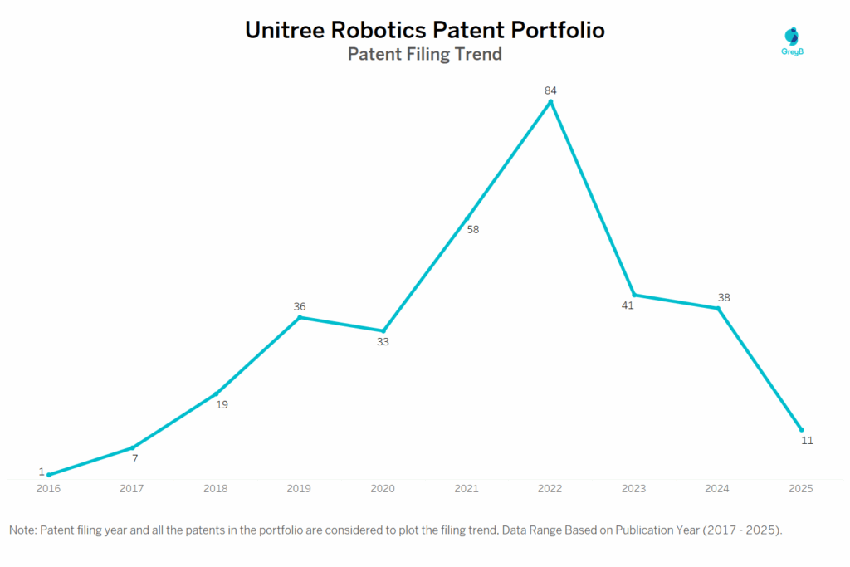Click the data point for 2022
[550, 102]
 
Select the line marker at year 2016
[49, 475]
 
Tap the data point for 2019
[300, 317]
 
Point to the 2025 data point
[801, 429]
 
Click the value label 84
[550, 90]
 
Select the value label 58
[473, 230]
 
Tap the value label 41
[628, 305]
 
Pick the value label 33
[383, 341]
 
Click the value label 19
[222, 405]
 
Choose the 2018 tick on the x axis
[216, 489]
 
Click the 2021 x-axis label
[467, 489]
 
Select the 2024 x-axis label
[717, 489]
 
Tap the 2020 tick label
[383, 489]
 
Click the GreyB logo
[794, 41]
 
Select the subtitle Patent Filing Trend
[424, 55]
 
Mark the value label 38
[724, 297]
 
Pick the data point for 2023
[634, 295]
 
